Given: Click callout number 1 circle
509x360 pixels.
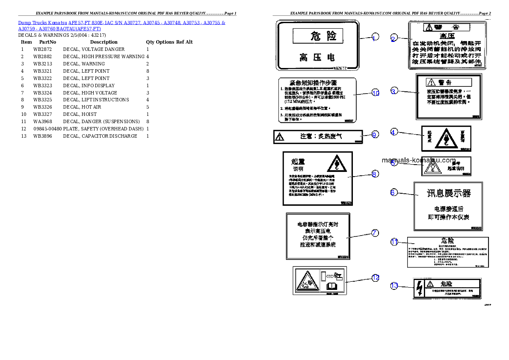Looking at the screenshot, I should coord(375,38).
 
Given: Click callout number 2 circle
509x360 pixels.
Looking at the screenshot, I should coord(393,39).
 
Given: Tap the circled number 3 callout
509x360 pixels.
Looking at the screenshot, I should coord(394,91).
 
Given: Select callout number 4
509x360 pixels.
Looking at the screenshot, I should coord(394,132).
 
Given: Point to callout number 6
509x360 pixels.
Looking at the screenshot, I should coord(394,192).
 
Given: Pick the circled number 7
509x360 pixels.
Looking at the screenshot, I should coord(375,233).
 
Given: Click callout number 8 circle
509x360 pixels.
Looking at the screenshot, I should coord(375,174).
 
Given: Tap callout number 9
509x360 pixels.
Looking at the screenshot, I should coord(375,135).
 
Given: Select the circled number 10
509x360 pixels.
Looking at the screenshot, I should coord(375,93).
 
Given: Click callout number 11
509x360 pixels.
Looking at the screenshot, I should coord(394,242).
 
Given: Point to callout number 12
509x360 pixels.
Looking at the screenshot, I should coord(375,277).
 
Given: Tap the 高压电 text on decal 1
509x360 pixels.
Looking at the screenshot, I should coord(317,57).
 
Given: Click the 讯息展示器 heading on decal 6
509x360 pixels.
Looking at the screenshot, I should coord(449,193).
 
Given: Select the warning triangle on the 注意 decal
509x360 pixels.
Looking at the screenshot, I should coord(279,137).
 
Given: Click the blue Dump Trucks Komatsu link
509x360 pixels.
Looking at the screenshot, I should coord(122,25).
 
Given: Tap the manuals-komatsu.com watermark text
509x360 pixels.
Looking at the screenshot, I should coord(418,160).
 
